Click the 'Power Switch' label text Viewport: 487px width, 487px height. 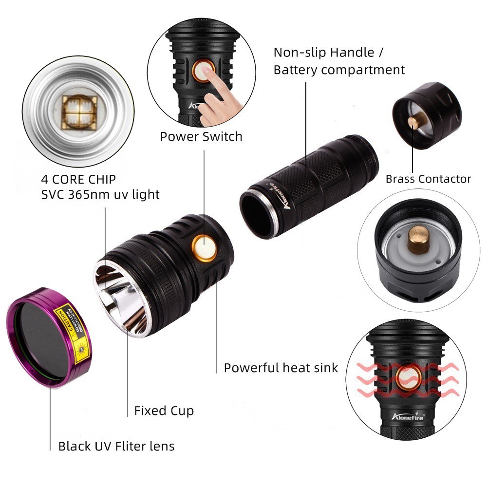click(201, 137)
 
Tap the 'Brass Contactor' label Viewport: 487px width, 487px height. click(428, 179)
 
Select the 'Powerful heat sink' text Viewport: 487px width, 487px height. click(281, 368)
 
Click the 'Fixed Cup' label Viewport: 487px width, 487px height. click(164, 411)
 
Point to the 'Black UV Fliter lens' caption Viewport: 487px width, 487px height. click(116, 446)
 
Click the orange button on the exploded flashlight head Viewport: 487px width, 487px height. click(204, 245)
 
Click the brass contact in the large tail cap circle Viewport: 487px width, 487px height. click(417, 240)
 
